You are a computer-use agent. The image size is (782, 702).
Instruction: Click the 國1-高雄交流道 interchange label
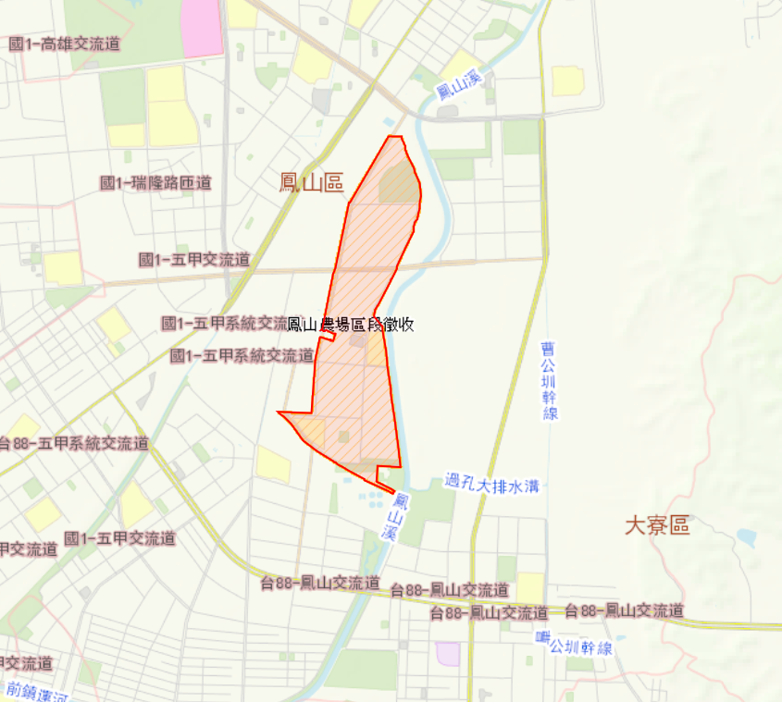[x=64, y=44]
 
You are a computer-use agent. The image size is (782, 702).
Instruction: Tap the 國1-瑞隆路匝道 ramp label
[x=155, y=183]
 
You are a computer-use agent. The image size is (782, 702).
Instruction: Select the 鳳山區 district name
[x=311, y=182]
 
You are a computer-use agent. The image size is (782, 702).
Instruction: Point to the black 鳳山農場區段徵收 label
[x=350, y=325]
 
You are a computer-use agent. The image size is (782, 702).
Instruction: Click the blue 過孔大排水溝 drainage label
[x=490, y=482]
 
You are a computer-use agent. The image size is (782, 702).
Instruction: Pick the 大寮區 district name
[x=657, y=526]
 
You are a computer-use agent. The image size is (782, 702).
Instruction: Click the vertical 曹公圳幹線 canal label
[x=551, y=381]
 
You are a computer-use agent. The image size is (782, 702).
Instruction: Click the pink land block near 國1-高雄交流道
[x=202, y=28]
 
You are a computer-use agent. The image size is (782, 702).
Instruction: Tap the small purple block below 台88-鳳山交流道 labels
[x=448, y=653]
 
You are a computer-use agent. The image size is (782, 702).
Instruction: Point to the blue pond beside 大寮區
[x=747, y=536]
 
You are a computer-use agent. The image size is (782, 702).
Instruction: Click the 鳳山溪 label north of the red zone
[x=459, y=90]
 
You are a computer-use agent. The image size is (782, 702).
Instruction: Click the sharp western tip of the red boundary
[x=279, y=413]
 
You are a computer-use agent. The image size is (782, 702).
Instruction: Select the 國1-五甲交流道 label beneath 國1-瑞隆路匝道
[x=193, y=260]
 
